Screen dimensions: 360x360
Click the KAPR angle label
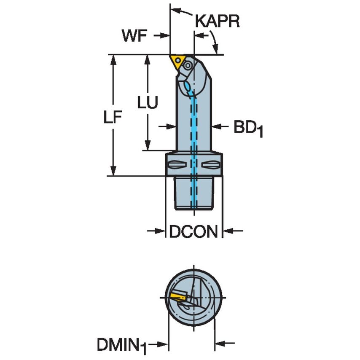[217, 21]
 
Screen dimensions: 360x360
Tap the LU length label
[148, 102]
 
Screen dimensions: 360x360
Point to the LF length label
[113, 119]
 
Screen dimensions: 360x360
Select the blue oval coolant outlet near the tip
[187, 86]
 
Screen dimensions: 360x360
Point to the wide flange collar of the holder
[193, 164]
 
